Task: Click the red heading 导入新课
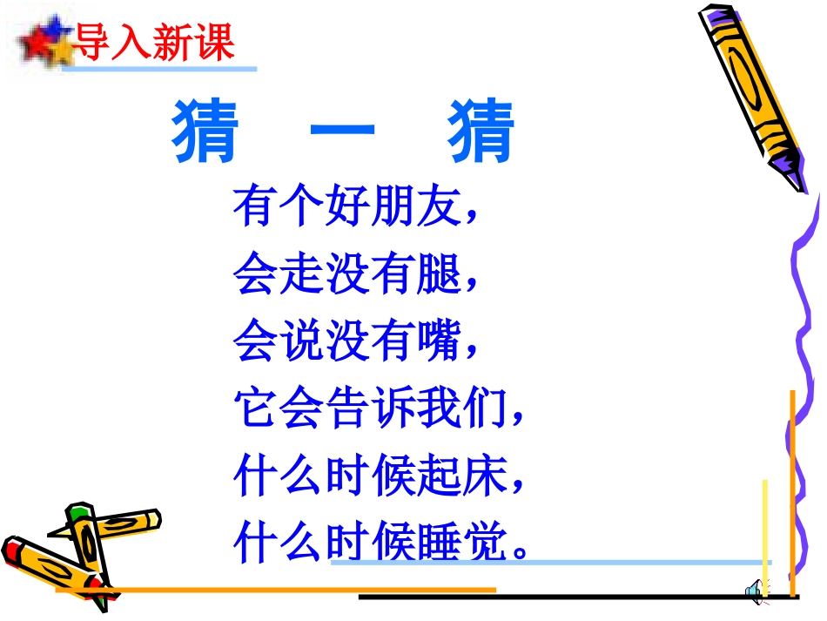click(155, 41)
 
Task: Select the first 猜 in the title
click(206, 132)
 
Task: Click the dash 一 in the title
click(342, 132)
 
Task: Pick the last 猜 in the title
click(481, 132)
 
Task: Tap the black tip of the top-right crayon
click(789, 165)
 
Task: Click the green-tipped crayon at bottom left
click(87, 540)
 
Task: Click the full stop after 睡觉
click(521, 552)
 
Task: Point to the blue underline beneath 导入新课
click(161, 68)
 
